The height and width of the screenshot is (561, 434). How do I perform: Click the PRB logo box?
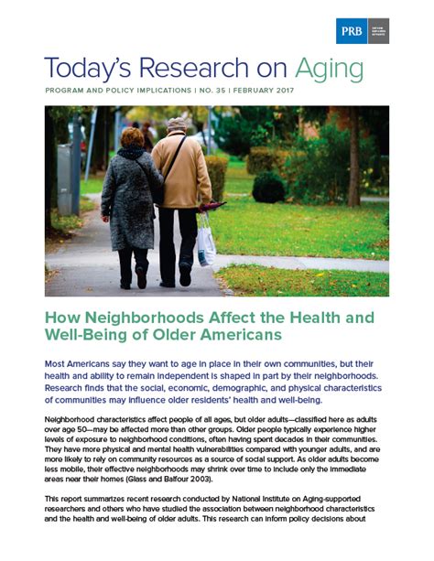[363, 30]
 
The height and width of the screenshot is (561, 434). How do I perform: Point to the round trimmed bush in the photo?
[268, 188]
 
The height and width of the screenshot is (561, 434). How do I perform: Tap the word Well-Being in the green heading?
[88, 340]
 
